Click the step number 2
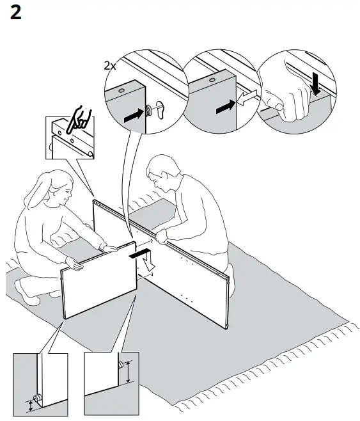pyautogui.click(x=16, y=13)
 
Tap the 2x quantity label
pyautogui.click(x=110, y=66)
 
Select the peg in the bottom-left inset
pyautogui.click(x=37, y=398)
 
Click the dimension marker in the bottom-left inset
pyautogui.click(x=28, y=404)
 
